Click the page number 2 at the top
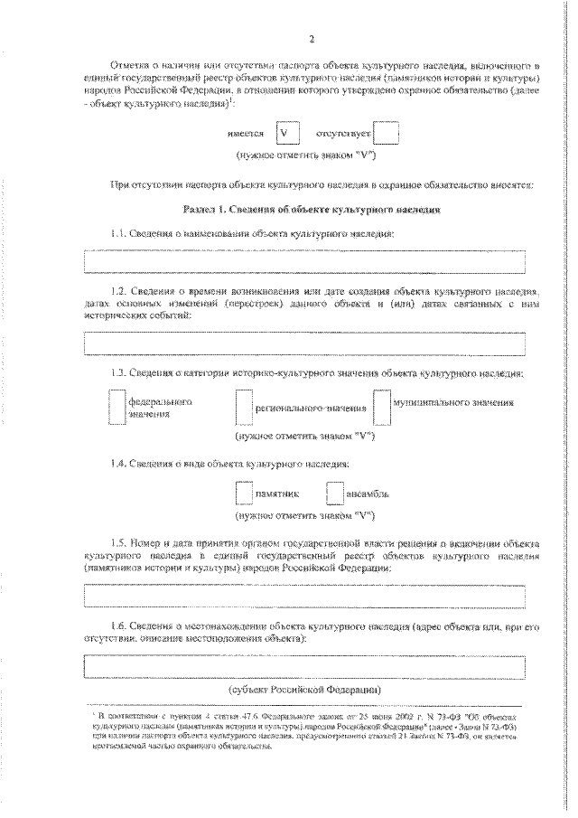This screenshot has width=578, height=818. coord(311,39)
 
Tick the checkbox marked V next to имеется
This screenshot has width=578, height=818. coord(286,134)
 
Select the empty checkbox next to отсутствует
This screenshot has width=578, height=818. coord(386,134)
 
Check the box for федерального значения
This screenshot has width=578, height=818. coord(117,407)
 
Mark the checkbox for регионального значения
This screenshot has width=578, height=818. coord(242,407)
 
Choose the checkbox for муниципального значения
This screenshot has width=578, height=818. coord(381,407)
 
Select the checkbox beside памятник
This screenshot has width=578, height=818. coord(243,494)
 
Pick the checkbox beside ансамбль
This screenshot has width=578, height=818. coord(334,494)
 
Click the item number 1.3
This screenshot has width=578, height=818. coord(117,373)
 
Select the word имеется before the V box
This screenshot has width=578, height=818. coord(247,135)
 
